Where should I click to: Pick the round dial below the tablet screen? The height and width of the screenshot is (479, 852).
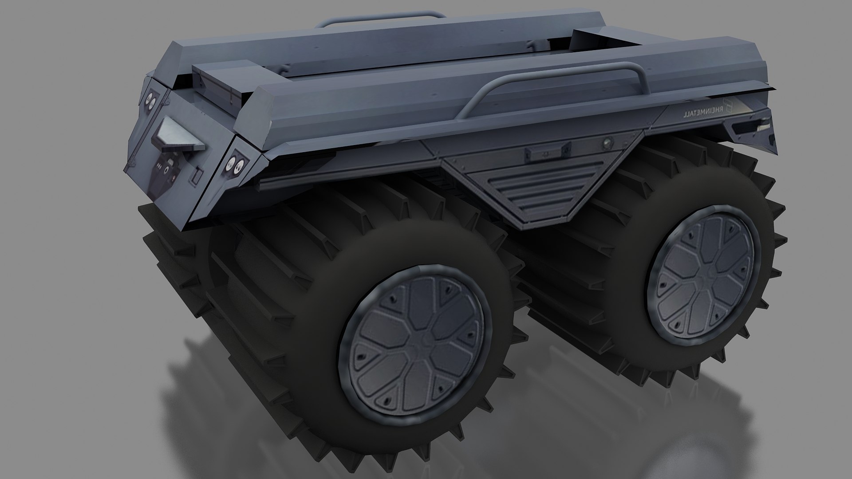point(167,168)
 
